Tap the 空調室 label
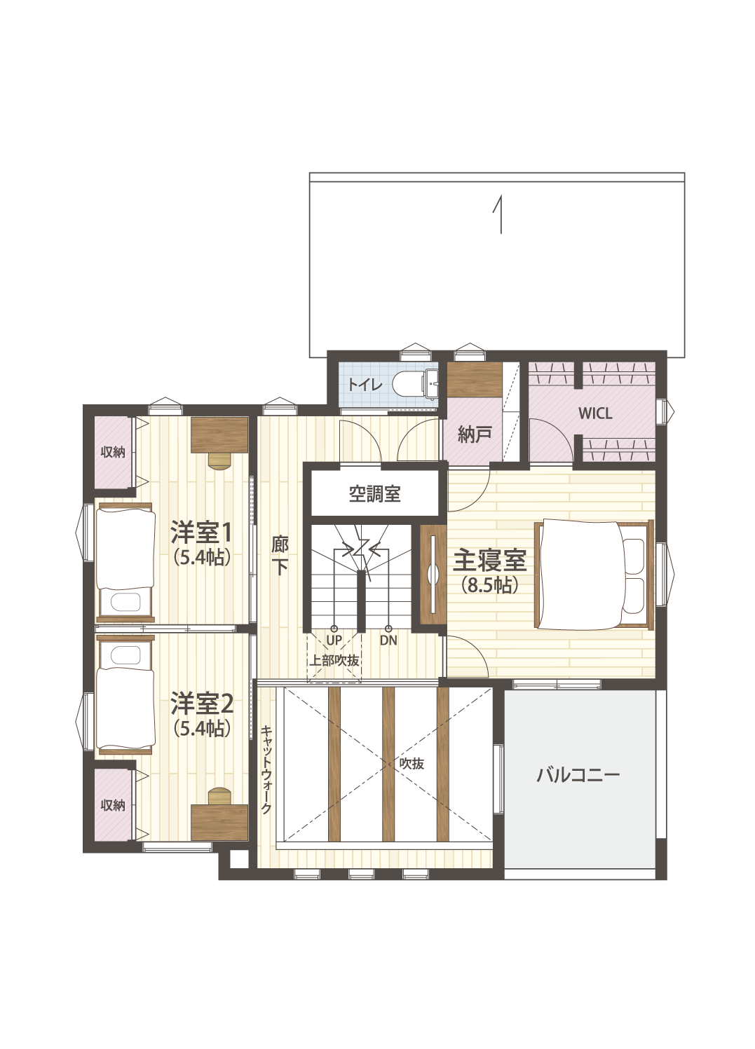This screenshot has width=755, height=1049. pos(374,494)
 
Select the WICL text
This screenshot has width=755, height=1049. pos(595,413)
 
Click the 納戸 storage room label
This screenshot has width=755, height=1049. pos(475,435)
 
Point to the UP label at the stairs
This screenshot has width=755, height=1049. pos(334,640)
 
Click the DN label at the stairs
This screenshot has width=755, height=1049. pos(388,640)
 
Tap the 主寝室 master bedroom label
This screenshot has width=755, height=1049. pos(490,561)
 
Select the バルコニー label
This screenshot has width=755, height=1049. pos(578,774)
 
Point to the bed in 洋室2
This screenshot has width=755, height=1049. pos(125,694)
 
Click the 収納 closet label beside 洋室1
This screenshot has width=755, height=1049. pos(113,453)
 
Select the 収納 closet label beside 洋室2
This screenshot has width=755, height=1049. pos(113,805)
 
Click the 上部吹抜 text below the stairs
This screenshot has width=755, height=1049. pos(334,660)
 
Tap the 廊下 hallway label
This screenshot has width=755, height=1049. pos(280,556)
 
